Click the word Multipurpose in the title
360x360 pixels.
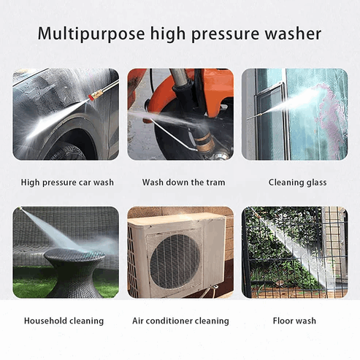91,34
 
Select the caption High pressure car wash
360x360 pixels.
67,183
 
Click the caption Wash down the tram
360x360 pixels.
183,182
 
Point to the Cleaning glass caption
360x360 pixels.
297,183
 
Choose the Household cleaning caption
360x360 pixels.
64,321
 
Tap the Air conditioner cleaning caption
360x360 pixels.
180,321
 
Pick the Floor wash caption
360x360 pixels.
294,321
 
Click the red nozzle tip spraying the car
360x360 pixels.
91,98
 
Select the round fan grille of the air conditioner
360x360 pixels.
175,261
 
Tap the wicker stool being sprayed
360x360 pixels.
74,272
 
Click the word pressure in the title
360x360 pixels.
226,34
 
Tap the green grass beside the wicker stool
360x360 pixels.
29,283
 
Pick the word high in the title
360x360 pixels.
168,34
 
